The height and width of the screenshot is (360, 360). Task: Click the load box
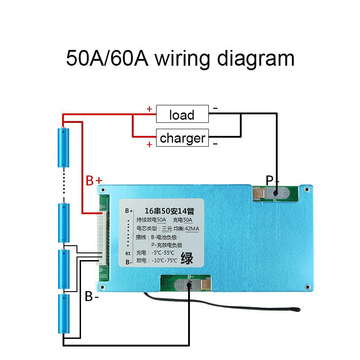click(182, 114)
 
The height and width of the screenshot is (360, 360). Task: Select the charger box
click(182, 138)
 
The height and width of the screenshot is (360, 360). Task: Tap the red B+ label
click(94, 181)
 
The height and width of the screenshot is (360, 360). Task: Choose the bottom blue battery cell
click(63, 314)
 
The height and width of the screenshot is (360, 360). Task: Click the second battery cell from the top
click(63, 223)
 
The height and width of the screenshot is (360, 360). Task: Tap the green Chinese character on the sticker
click(187, 259)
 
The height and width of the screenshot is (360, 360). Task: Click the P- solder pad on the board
click(274, 193)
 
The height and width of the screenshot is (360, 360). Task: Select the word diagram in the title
click(256, 58)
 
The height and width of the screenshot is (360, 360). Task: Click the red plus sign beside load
click(149, 109)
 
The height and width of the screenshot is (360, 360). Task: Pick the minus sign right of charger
click(216, 144)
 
